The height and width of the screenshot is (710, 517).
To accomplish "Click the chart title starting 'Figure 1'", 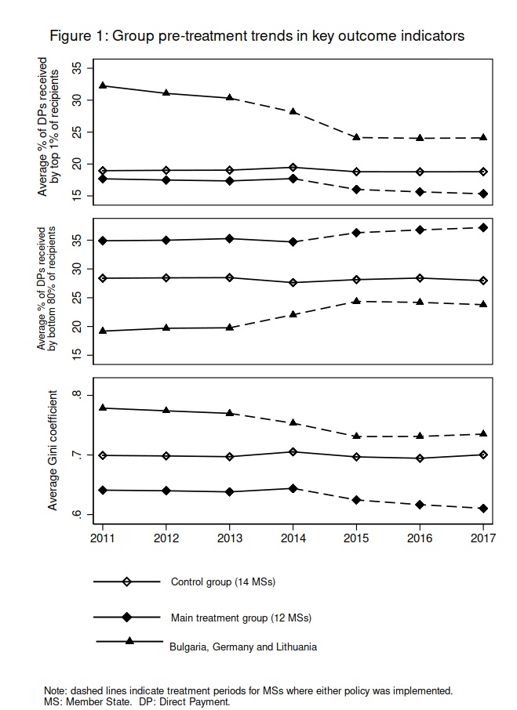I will coord(257,36).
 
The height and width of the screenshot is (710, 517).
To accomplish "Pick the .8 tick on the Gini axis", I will coord(76,396).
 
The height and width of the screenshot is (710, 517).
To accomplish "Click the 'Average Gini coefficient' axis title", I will coord(53,455).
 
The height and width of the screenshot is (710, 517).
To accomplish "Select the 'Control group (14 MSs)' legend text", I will coord(223,581).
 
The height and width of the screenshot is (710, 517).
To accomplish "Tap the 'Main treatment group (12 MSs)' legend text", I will coord(241,618).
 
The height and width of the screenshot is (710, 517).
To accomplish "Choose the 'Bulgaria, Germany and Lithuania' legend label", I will coord(243,647).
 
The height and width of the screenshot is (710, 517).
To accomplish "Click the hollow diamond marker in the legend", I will coord(127,581).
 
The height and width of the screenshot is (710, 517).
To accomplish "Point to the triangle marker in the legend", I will coord(129,641).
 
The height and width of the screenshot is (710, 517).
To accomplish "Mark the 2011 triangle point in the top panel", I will coord(103,85).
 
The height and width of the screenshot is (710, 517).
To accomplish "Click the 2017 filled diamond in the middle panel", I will coord(483,227).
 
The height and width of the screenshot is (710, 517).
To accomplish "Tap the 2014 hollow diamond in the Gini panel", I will coord(293,451).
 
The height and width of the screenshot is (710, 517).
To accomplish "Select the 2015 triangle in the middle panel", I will coord(356,301).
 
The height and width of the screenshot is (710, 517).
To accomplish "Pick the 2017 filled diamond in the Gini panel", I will coord(483,508).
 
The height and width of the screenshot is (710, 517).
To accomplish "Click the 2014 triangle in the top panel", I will coord(293,111).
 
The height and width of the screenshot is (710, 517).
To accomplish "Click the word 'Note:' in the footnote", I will coord(56,690).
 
